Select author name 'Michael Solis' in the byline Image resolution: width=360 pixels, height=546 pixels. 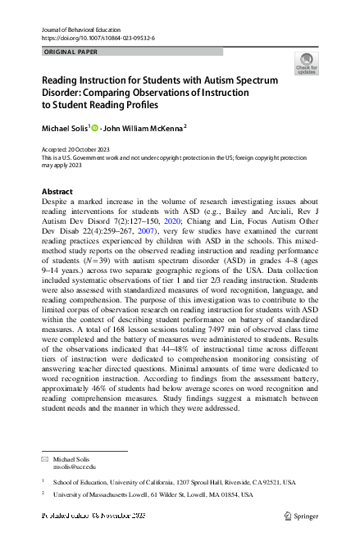pos(65,127)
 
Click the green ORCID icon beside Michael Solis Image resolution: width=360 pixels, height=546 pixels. pos(94,127)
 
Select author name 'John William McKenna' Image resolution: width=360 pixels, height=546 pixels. pos(144,127)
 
